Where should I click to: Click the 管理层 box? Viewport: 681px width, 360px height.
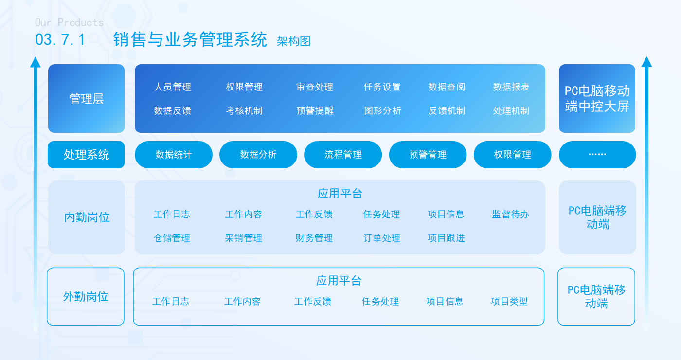tap(87, 98)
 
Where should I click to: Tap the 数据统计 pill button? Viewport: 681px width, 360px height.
tap(174, 155)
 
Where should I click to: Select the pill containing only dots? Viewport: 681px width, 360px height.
tap(597, 155)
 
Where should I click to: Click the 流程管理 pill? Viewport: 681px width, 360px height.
tap(343, 155)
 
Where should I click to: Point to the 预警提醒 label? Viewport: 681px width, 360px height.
tap(315, 111)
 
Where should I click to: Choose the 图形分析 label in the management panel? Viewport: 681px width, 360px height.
tap(382, 111)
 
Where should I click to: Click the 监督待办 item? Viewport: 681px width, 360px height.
tap(510, 215)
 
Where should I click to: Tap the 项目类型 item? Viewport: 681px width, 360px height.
tap(509, 301)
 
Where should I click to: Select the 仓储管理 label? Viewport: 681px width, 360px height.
tap(172, 238)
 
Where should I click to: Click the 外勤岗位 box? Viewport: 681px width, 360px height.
tap(86, 297)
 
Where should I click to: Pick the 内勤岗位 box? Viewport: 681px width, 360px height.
tap(87, 217)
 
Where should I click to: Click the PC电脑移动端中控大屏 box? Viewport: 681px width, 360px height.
tap(597, 98)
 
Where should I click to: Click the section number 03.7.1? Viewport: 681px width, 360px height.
tap(60, 39)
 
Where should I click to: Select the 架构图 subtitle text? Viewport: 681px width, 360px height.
tap(294, 41)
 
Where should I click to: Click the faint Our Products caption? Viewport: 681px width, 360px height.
tap(69, 22)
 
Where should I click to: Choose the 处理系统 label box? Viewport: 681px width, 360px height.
tap(86, 155)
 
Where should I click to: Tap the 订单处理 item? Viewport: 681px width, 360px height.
tap(381, 238)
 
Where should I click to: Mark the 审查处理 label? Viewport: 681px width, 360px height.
tap(315, 87)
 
